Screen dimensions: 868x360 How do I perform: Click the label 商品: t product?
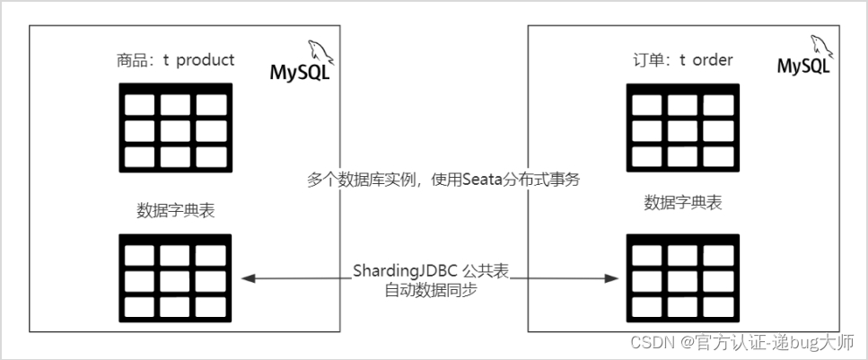coord(175,60)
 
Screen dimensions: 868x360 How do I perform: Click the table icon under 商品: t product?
coord(175,125)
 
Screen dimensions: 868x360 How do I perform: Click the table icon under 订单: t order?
coord(683,125)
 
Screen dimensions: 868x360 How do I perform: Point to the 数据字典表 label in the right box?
coord(683,202)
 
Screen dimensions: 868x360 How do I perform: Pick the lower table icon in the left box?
coord(175,276)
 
